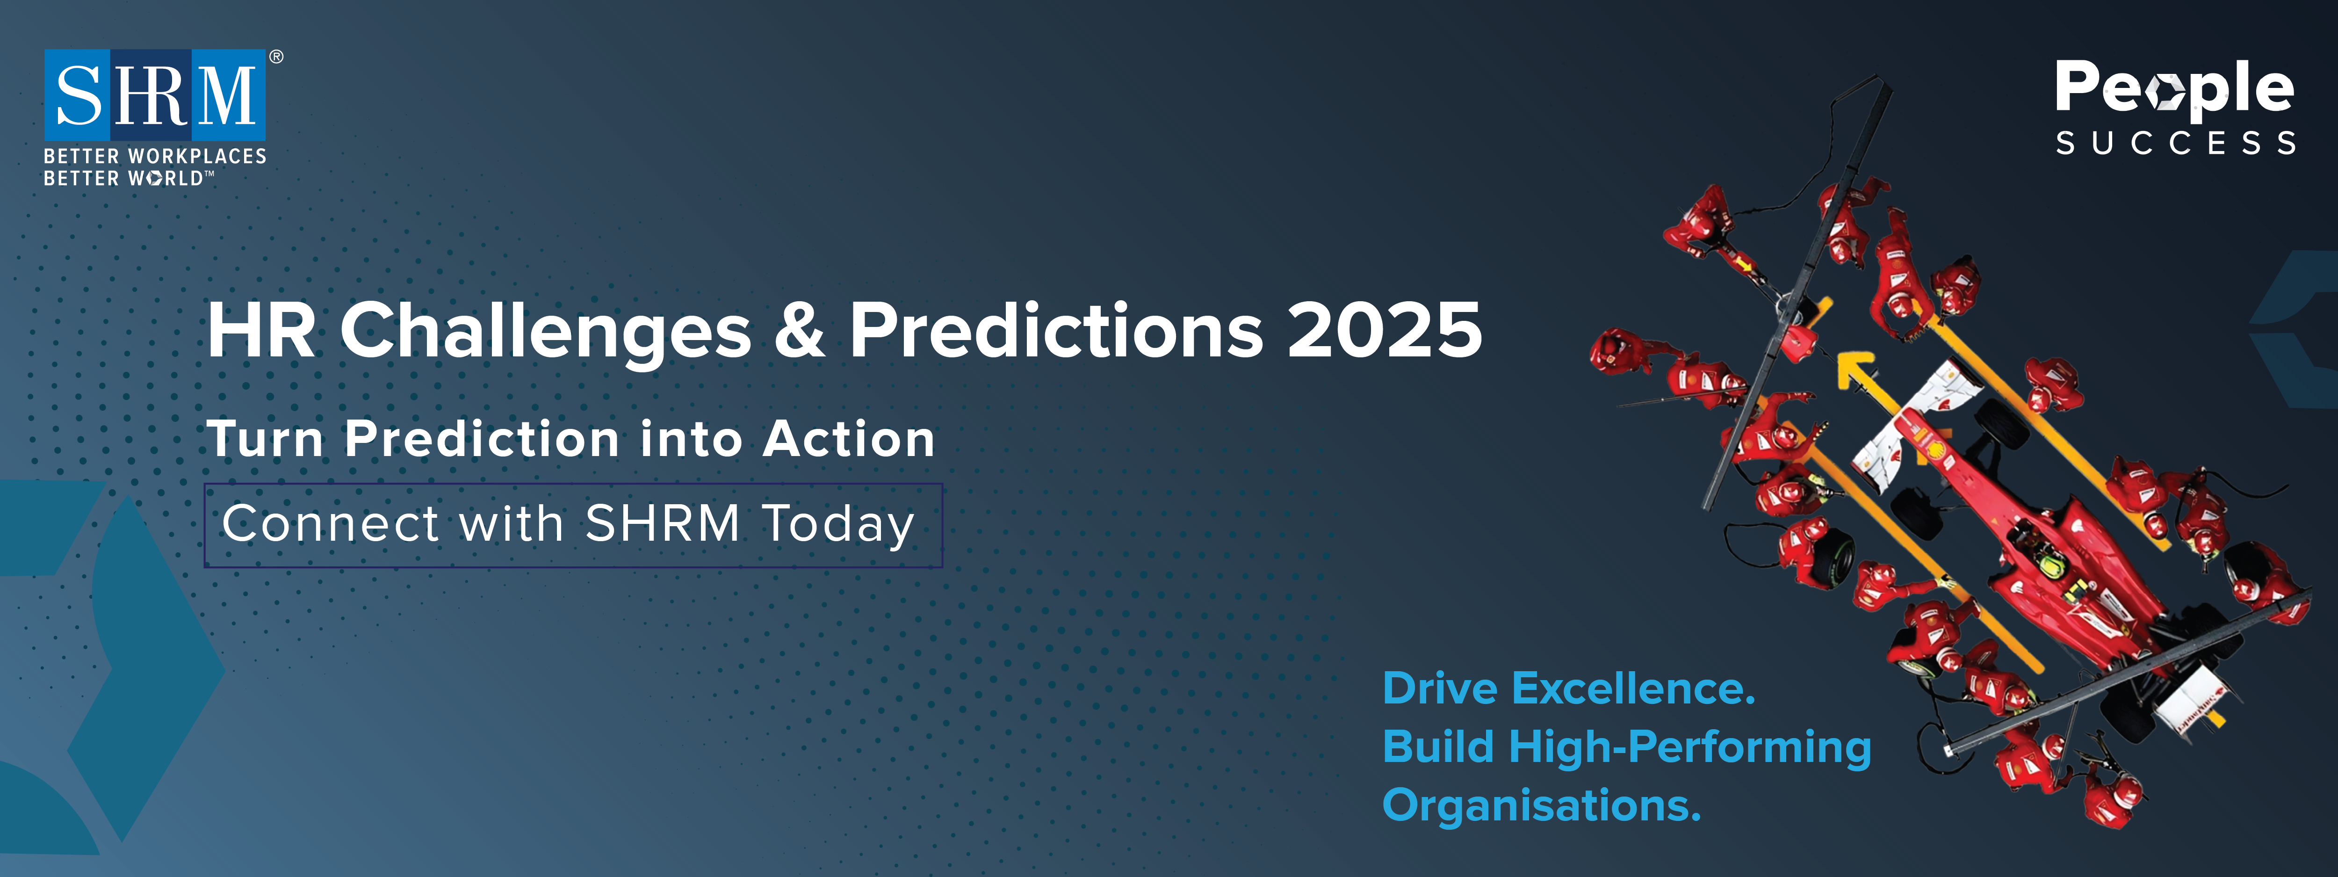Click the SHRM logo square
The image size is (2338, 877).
155,94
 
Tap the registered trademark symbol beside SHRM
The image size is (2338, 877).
276,57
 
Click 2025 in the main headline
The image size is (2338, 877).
1385,331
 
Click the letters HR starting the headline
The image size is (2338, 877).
261,331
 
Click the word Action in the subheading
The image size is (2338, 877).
849,439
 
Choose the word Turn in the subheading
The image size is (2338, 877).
265,439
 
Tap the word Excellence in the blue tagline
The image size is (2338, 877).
1634,688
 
